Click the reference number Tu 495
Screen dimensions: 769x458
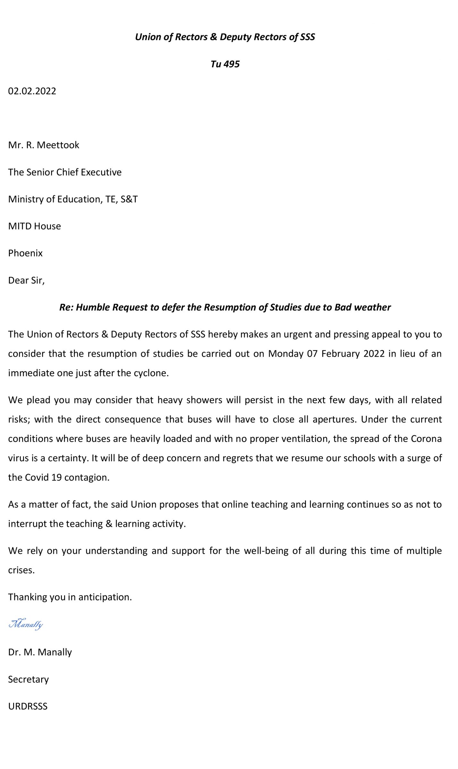pyautogui.click(x=225, y=64)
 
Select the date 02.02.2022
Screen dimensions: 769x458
pyautogui.click(x=32, y=91)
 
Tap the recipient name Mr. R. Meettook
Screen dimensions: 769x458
pyautogui.click(x=44, y=145)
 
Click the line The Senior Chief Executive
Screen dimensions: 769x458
pyautogui.click(x=65, y=172)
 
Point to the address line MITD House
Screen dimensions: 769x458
pyautogui.click(x=34, y=226)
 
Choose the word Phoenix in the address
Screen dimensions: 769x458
pyautogui.click(x=25, y=253)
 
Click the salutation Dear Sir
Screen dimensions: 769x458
pyautogui.click(x=26, y=280)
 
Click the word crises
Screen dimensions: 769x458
pyautogui.click(x=21, y=570)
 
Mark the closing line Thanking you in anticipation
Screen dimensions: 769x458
pyautogui.click(x=70, y=597)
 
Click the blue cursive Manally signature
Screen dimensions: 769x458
pyautogui.click(x=26, y=624)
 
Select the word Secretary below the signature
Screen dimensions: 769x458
pyautogui.click(x=28, y=679)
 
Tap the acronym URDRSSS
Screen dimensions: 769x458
pyautogui.click(x=28, y=707)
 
